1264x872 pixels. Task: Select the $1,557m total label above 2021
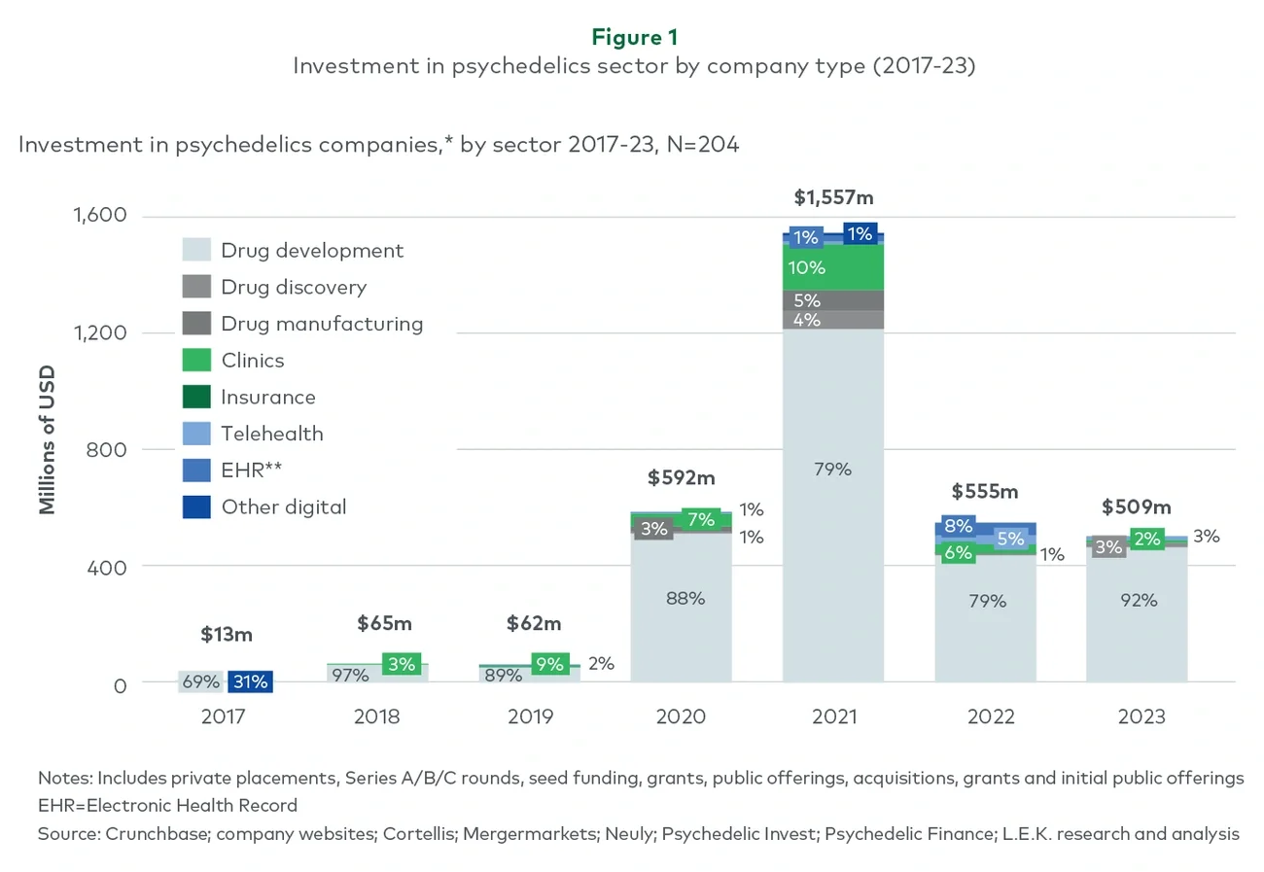tap(833, 198)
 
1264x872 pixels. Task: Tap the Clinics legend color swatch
tap(196, 361)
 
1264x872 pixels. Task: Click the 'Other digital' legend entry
tap(283, 506)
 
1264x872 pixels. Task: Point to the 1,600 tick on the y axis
tap(100, 215)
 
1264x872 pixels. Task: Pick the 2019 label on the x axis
tap(530, 717)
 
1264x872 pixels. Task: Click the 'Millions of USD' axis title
tap(47, 439)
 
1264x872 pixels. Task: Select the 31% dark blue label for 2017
tap(250, 682)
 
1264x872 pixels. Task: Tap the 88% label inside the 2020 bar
tap(685, 599)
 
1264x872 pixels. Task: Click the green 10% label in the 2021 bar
tap(807, 268)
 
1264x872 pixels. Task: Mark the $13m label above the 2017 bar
tap(227, 635)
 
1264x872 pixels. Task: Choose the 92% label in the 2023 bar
tap(1139, 601)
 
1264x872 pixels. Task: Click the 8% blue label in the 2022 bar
tap(958, 527)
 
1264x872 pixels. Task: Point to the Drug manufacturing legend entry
tap(322, 324)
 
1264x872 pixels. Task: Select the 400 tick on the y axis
tap(108, 567)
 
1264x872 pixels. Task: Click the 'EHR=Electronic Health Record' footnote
tap(167, 806)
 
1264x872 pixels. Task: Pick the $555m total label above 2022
tap(984, 492)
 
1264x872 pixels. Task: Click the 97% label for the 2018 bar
tap(350, 676)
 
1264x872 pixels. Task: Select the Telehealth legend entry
tap(271, 434)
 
